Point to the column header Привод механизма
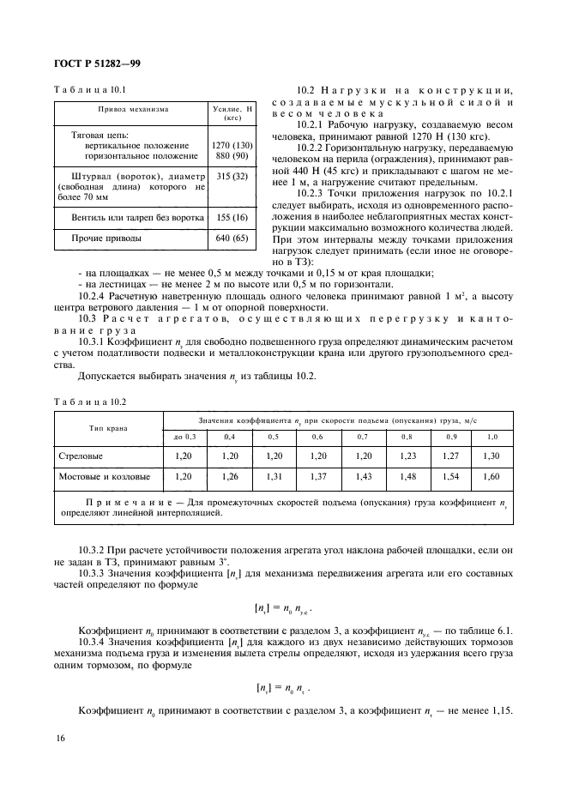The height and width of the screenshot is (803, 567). [132, 110]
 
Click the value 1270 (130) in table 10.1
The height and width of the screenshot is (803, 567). [231, 145]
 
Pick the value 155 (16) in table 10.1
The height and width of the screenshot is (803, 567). [231, 218]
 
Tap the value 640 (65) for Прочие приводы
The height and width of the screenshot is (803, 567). [231, 237]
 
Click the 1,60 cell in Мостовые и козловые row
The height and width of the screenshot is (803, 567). [491, 475]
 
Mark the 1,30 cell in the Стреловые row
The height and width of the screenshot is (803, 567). [491, 456]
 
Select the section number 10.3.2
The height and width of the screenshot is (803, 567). [93, 547]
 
